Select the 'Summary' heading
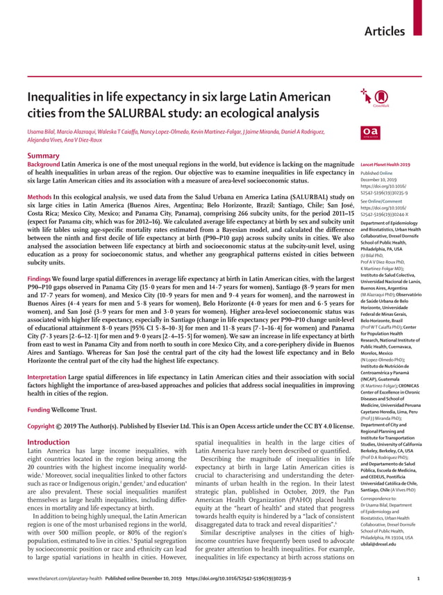click(43, 156)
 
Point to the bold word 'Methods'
click(39, 197)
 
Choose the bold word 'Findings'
click(40, 278)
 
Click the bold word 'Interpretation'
click(47, 378)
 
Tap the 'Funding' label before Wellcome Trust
click(39, 410)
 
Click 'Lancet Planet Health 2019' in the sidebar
click(385, 165)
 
